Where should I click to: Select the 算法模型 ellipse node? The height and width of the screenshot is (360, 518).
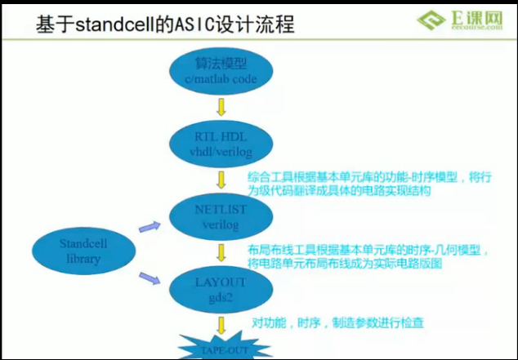tap(220, 71)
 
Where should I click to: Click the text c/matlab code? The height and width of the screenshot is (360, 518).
tap(220, 79)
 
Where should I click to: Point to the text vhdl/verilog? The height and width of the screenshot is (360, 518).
tap(220, 152)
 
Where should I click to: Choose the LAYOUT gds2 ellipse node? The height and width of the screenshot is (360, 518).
tap(220, 289)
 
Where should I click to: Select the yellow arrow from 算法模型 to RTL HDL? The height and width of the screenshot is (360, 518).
tap(221, 108)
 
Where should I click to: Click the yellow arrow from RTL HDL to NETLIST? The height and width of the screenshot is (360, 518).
tap(221, 180)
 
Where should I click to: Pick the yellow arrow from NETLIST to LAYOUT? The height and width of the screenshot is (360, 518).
tap(221, 252)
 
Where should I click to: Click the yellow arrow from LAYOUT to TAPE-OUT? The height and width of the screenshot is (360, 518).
tap(221, 324)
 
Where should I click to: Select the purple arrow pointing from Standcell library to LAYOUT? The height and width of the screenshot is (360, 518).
tap(149, 278)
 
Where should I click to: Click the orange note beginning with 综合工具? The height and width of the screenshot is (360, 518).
tap(368, 184)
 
